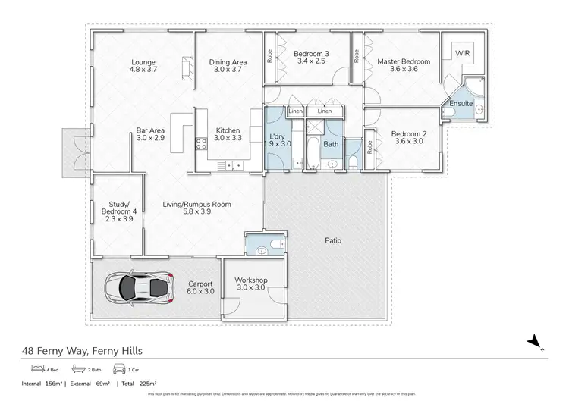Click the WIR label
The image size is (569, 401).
click(x=463, y=54)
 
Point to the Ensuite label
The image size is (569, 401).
click(x=461, y=102)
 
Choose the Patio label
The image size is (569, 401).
click(x=332, y=240)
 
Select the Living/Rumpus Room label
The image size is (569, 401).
click(x=197, y=208)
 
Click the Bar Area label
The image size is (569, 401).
click(x=151, y=134)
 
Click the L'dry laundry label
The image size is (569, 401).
click(x=277, y=139)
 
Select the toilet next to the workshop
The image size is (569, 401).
click(x=262, y=246)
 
